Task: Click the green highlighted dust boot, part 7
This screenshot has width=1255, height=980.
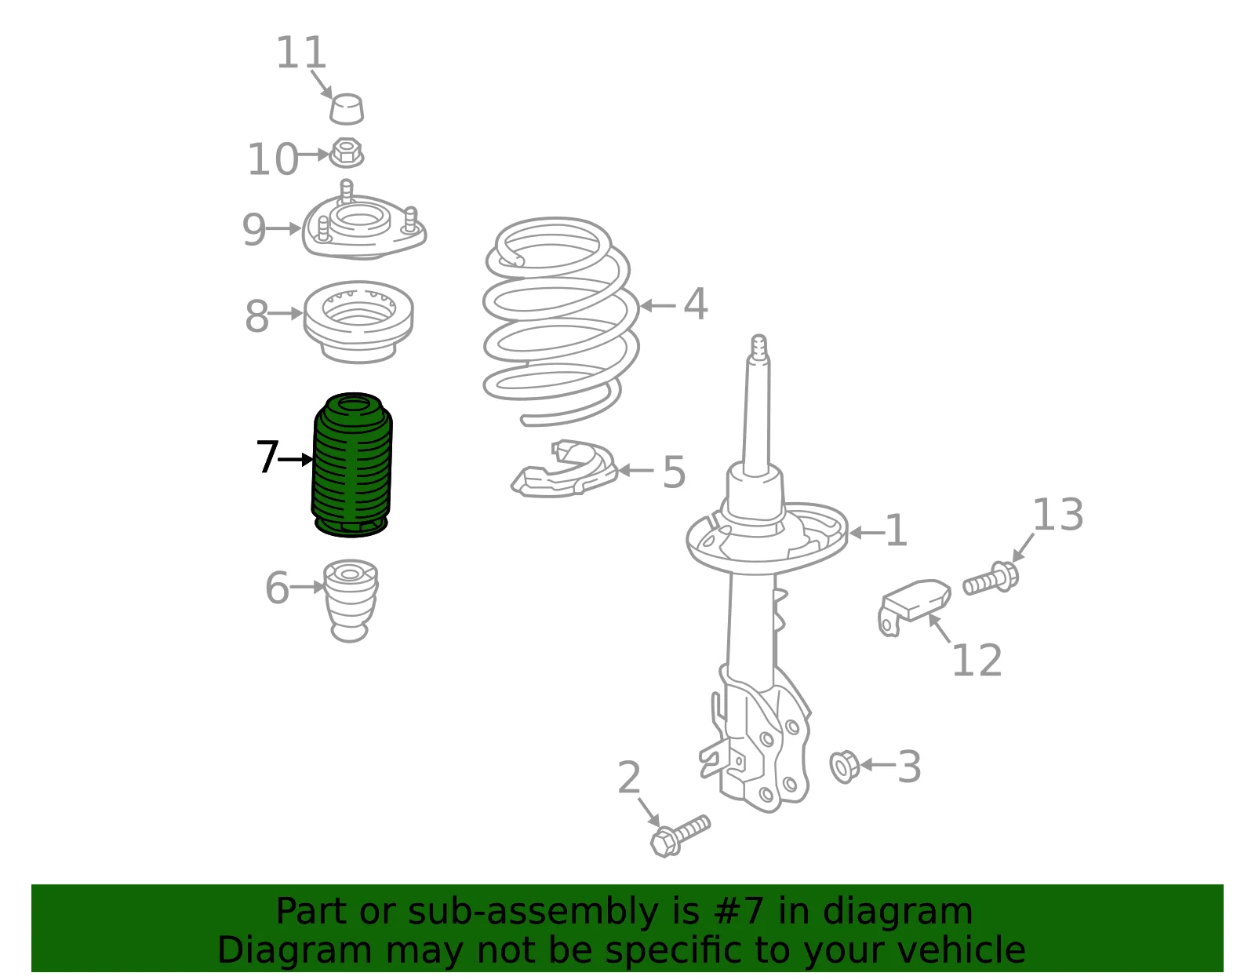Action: click(351, 464)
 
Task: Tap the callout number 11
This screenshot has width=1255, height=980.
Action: click(301, 53)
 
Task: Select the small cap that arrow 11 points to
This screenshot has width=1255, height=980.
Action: click(347, 108)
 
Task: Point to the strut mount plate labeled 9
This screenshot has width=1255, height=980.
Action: click(364, 227)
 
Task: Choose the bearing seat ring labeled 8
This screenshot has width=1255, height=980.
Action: click(358, 322)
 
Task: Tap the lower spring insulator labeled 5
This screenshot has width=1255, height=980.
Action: click(565, 469)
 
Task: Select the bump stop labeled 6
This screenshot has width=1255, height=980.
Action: click(350, 600)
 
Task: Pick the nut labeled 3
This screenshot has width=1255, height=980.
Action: click(844, 767)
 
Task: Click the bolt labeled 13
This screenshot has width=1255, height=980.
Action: click(991, 578)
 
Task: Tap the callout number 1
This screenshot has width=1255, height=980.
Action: click(896, 530)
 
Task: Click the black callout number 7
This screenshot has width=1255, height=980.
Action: click(267, 456)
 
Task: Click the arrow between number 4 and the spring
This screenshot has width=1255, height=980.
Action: click(658, 305)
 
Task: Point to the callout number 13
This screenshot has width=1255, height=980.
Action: click(1057, 515)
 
